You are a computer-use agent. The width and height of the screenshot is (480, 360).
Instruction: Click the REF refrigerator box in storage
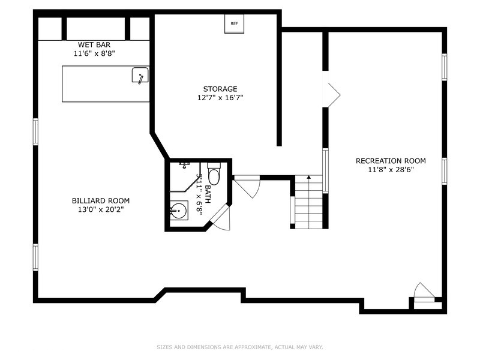234,23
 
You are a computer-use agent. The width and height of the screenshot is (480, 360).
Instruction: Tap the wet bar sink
140,76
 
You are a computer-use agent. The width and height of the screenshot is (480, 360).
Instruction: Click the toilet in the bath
214,174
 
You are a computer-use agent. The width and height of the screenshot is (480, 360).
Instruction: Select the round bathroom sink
179,211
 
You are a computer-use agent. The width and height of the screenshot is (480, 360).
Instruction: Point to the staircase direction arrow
309,176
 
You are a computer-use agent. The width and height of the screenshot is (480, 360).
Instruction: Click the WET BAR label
94,44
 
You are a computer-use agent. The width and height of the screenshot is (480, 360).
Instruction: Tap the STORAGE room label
220,89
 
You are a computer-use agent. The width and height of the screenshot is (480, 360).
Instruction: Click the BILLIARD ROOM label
101,201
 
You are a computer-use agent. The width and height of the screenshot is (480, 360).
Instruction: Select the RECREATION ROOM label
391,161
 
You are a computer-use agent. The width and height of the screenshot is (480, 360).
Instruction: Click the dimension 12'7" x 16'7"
220,98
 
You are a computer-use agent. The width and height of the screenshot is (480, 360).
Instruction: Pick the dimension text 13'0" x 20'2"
101,209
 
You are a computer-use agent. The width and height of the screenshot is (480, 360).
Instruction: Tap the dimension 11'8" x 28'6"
391,170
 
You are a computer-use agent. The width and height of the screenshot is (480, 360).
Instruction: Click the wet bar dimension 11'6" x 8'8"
94,53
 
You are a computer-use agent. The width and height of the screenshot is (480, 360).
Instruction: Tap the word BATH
208,194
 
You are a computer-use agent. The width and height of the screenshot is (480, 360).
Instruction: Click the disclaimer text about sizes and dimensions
239,347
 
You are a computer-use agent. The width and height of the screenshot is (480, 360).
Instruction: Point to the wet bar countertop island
106,83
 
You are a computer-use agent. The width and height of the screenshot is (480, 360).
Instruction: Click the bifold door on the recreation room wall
332,89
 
